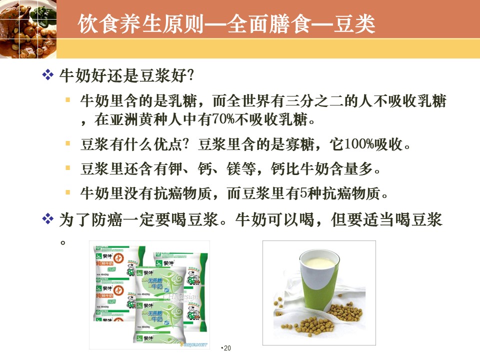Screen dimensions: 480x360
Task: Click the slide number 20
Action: pos(227,348)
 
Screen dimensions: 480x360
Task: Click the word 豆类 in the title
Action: pos(354,24)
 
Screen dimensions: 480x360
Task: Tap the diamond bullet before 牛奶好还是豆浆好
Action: pos(48,74)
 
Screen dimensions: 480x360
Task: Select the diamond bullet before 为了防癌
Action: pos(48,219)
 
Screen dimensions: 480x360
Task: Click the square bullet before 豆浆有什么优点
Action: pos(67,143)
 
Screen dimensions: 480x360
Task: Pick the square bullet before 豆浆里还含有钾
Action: pos(67,168)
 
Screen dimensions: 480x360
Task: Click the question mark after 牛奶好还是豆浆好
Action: pos(190,75)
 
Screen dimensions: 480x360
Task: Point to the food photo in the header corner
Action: pos(28,29)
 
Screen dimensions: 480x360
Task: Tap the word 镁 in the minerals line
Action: pos(233,168)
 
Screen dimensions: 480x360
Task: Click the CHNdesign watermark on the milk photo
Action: pos(180,296)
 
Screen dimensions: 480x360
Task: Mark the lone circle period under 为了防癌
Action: pos(63,243)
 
